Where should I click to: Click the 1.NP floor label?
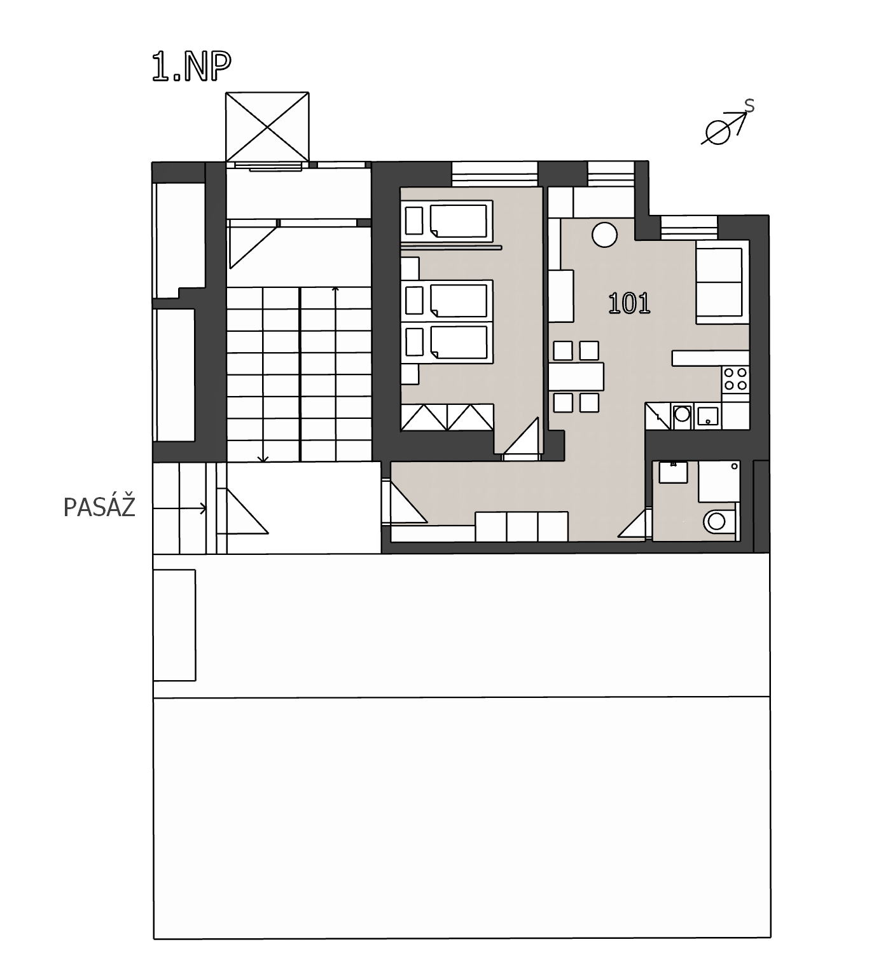point(191,67)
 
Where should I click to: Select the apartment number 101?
point(629,303)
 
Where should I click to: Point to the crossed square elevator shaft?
point(267,127)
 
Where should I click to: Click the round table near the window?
point(604,235)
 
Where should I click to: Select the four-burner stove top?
point(735,379)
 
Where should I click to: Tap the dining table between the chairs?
point(576,376)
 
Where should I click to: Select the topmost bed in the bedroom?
point(448,221)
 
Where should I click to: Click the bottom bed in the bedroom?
point(448,344)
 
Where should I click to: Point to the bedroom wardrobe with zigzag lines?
point(447,417)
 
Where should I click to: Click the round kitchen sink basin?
point(682,414)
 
